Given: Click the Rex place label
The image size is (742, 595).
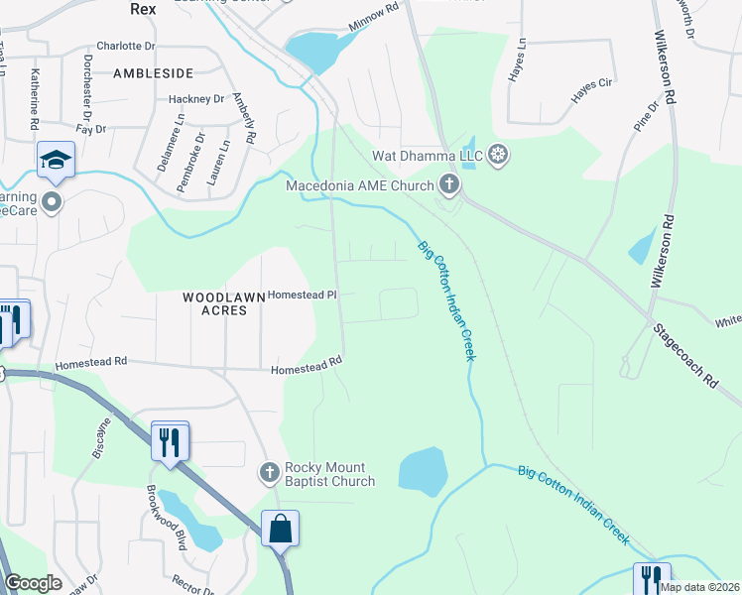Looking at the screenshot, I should (x=145, y=8).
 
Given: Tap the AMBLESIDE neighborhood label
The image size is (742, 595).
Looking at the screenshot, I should (x=153, y=73).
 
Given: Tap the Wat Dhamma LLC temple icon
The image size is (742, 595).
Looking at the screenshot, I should (x=499, y=154).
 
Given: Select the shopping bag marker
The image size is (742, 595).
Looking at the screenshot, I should (x=281, y=529).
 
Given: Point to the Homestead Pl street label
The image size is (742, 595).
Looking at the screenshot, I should (x=304, y=295).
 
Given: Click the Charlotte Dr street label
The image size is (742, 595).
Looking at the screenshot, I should (x=126, y=46).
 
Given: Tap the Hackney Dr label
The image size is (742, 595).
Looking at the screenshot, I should (x=196, y=99).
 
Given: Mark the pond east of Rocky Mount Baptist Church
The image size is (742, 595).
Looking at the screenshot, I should (x=423, y=470).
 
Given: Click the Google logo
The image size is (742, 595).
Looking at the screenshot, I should (x=33, y=583).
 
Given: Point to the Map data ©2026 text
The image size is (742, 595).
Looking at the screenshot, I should (x=698, y=587).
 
